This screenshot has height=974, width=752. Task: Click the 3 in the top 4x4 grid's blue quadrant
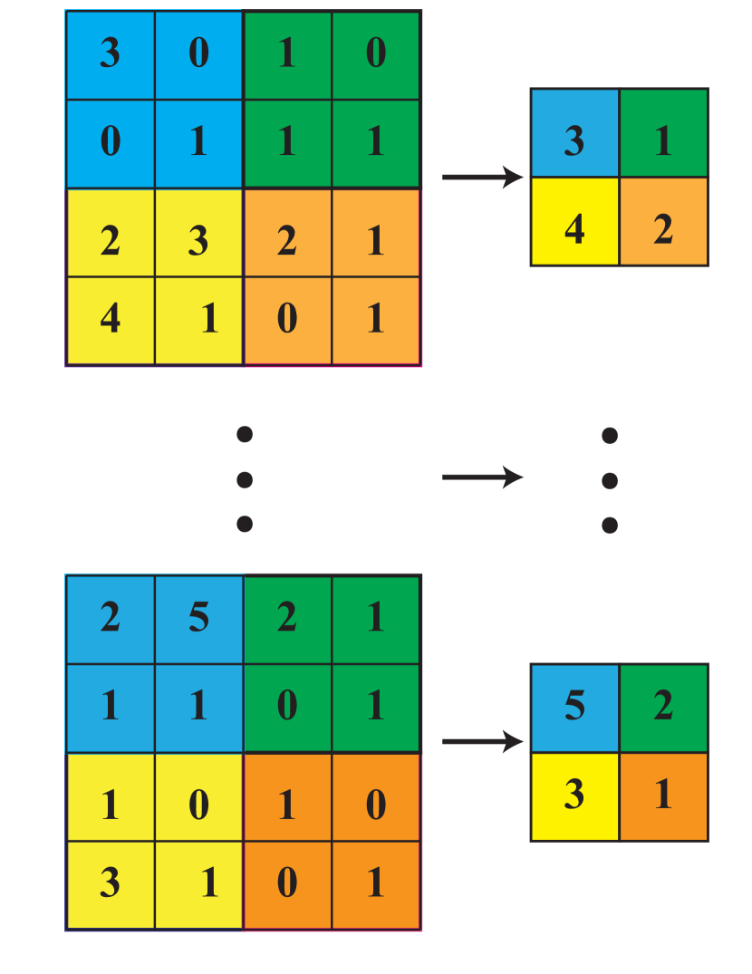coord(110,53)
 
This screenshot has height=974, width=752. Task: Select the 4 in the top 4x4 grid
coord(110,319)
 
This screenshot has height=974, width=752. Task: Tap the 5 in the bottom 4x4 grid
coord(198,618)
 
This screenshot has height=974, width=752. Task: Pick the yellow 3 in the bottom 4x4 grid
coord(110,883)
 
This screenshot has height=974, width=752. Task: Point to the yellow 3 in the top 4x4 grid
coord(198,240)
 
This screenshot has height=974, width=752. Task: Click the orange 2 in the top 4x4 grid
coord(286,240)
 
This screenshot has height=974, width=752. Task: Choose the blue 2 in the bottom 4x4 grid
coord(110,618)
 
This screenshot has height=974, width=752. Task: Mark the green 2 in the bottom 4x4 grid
coord(286,618)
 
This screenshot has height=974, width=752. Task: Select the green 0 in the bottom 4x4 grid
coord(286,706)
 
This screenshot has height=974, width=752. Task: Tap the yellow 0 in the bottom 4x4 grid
coord(198,804)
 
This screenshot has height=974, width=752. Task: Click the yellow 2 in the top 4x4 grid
coord(110,240)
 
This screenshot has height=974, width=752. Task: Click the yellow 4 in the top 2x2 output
coord(574,229)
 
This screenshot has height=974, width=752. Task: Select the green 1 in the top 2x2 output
coord(663,140)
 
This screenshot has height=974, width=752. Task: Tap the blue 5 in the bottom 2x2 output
coord(574,706)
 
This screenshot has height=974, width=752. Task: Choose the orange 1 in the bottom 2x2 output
coord(663,795)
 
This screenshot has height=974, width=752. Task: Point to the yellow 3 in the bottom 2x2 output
coord(574,795)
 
